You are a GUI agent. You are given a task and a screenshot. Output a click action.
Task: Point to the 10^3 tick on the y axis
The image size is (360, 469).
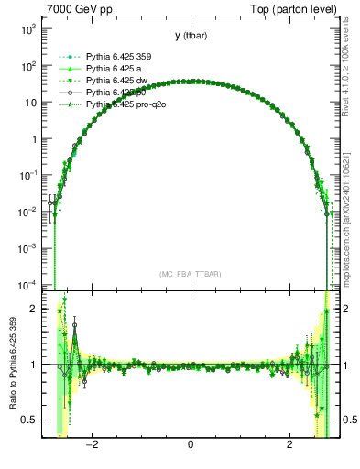point(29,29)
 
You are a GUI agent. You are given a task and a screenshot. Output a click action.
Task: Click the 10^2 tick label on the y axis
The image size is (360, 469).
point(29,66)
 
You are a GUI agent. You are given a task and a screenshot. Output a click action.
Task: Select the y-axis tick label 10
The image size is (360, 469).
point(32,103)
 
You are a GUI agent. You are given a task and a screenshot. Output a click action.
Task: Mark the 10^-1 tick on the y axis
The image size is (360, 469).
point(28,175)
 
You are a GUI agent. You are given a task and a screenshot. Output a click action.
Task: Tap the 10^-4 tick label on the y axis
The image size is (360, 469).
point(28,284)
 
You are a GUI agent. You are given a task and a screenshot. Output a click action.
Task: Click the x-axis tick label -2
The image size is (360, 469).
point(92,445)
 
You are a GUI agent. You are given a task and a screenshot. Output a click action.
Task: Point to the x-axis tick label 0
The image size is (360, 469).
point(190,445)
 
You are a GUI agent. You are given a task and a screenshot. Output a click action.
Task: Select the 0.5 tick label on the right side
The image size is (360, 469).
point(349,420)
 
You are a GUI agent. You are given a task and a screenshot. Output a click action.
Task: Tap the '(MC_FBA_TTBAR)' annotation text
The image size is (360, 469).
point(190,274)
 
